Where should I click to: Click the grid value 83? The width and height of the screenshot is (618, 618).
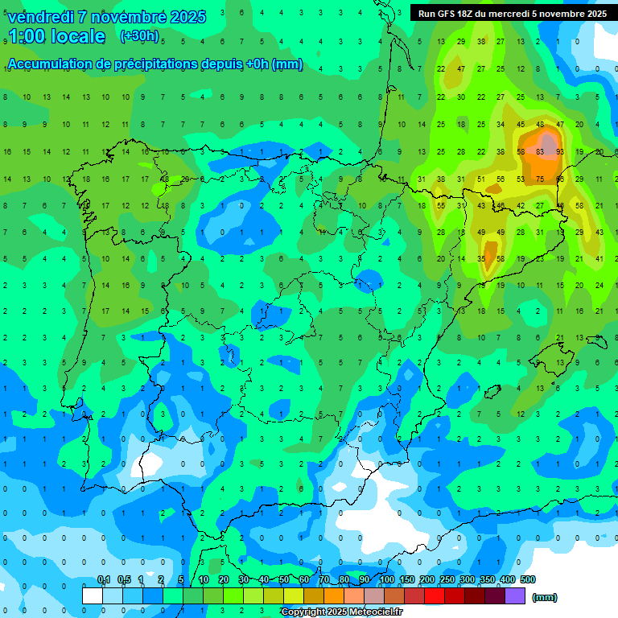point(540,151)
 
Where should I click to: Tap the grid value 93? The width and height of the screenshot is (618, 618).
point(559,151)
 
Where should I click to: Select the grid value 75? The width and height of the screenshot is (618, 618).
point(540,179)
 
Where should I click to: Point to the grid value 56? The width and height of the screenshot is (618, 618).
point(501,179)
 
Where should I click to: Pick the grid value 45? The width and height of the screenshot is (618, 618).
point(521,124)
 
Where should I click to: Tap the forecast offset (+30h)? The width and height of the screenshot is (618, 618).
point(139,36)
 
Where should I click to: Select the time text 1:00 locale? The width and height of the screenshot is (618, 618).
point(56,36)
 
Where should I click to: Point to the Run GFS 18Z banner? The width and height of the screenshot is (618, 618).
point(513,14)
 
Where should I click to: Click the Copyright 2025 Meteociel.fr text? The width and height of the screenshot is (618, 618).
point(342,612)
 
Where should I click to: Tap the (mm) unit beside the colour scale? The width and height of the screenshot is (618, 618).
point(545,597)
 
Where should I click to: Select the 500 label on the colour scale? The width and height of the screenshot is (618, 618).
point(527,579)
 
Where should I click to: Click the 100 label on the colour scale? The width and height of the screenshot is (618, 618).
point(387,579)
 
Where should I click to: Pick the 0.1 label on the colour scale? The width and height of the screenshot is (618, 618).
point(104,579)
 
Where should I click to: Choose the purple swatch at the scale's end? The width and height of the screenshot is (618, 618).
point(515,595)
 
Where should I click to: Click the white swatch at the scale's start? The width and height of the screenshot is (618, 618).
point(93,595)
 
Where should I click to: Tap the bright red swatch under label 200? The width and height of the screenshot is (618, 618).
point(435,595)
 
